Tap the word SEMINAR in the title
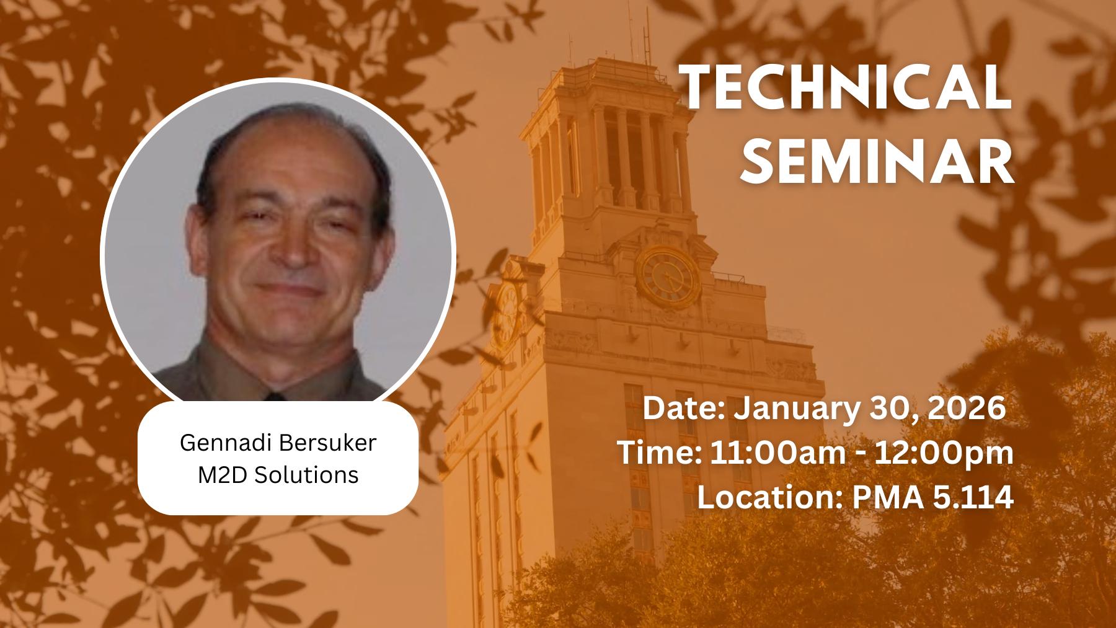pos(877,161)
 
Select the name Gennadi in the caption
pos(226,443)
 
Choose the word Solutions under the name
pos(306,475)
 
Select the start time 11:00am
pos(778,453)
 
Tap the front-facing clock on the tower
pos(668,276)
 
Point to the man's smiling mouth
pos(288,289)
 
